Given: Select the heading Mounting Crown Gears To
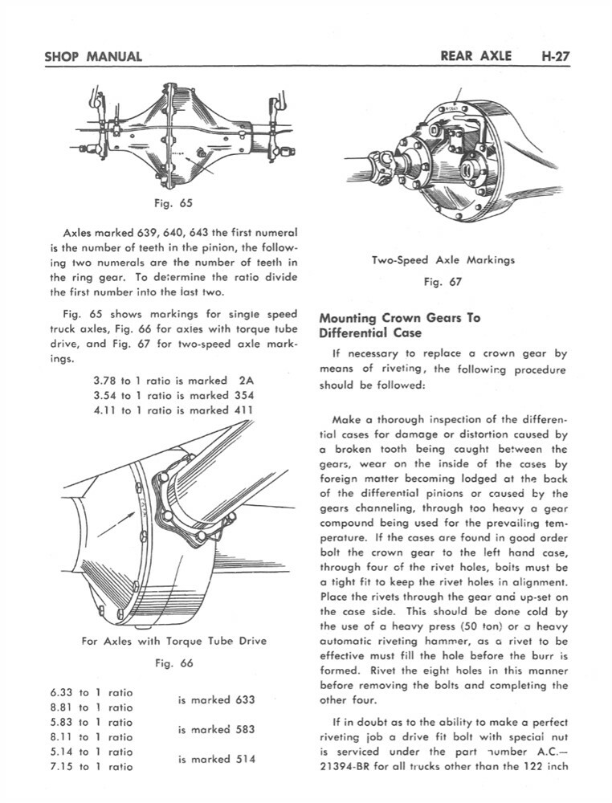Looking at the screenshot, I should click(399, 317).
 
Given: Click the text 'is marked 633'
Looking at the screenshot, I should click(216, 699).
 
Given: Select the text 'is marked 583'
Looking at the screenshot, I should click(216, 729).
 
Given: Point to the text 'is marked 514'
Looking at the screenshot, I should click(216, 759).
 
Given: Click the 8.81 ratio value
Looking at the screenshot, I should click(61, 707).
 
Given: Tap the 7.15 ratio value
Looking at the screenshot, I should click(61, 766).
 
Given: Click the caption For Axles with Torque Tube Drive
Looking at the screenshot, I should click(174, 641).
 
